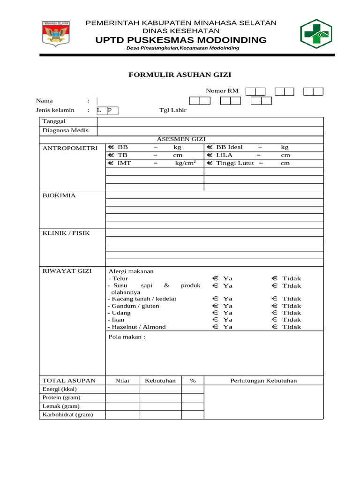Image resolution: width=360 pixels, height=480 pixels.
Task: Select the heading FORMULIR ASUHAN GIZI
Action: point(180,75)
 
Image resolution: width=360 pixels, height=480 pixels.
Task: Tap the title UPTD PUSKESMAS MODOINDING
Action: point(181,40)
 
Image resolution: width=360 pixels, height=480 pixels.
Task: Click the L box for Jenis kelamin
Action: point(100,111)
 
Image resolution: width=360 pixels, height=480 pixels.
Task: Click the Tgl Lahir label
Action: point(172,111)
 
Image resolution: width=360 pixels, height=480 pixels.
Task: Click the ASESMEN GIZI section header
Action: point(181,139)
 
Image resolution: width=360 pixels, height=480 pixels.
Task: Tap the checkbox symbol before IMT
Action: point(111,163)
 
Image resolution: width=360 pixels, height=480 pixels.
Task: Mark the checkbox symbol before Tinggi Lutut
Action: point(210,163)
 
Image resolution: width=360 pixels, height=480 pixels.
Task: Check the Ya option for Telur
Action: point(215,278)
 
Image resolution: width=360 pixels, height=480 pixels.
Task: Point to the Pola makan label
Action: point(127,337)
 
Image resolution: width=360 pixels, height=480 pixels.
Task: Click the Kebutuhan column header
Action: point(160,381)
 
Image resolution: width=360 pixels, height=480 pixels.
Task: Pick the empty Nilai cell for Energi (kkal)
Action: point(122,389)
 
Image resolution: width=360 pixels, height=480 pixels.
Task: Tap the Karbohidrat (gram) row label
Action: point(67,414)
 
